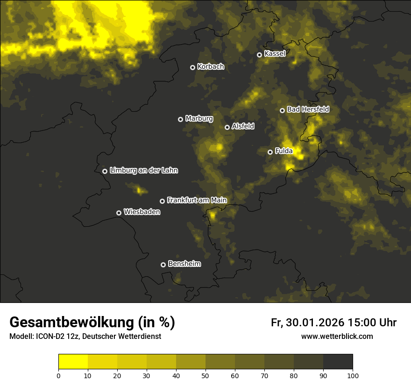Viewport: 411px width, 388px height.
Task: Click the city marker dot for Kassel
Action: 260,55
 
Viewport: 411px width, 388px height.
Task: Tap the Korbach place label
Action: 211,67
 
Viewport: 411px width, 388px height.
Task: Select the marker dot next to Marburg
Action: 181,119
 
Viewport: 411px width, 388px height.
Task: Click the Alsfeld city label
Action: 243,126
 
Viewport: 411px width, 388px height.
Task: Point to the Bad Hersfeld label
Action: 308,109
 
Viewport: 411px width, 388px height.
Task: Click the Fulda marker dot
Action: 270,152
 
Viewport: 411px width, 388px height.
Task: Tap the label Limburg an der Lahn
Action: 143,171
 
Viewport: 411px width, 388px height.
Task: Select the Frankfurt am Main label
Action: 197,201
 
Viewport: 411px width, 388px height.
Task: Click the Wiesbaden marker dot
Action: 119,213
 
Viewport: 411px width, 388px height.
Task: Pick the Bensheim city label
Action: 184,264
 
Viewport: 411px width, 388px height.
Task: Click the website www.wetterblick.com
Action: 337,337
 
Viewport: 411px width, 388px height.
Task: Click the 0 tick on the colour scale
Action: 58,375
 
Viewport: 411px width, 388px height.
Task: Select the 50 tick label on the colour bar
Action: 205,375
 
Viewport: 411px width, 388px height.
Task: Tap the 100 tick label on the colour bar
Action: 353,375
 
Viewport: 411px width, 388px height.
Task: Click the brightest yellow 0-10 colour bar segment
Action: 73,362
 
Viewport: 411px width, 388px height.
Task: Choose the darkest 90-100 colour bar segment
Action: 338,362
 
